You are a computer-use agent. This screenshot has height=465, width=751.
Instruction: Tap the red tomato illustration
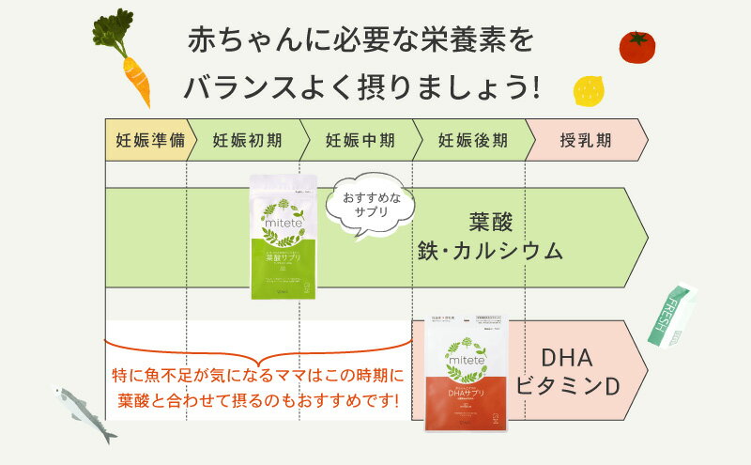(636, 45)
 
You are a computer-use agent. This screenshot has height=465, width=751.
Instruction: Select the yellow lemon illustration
(588, 91)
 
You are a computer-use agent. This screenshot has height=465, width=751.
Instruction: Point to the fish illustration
(83, 412)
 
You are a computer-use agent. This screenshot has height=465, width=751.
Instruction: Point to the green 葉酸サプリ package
(284, 237)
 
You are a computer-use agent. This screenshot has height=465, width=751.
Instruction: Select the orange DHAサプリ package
(466, 373)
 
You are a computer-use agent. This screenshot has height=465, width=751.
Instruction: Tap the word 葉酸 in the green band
(490, 224)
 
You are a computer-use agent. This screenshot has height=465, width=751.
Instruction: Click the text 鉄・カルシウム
(490, 251)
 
